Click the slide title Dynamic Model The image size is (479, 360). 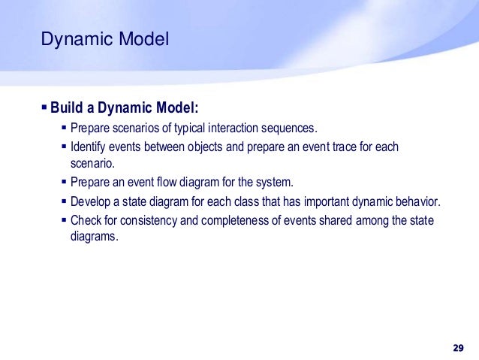pyautogui.click(x=105, y=38)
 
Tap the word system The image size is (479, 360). pyautogui.click(x=276, y=183)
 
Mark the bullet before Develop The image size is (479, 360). pyautogui.click(x=63, y=201)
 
